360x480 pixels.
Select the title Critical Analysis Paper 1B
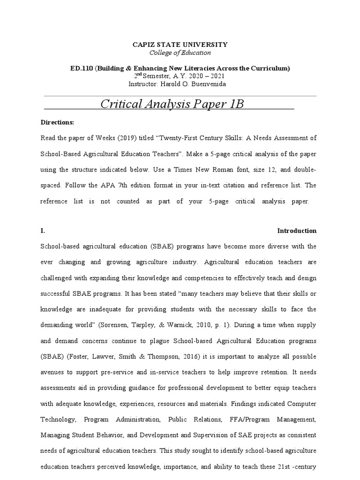172,104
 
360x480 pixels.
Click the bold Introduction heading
297,231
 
